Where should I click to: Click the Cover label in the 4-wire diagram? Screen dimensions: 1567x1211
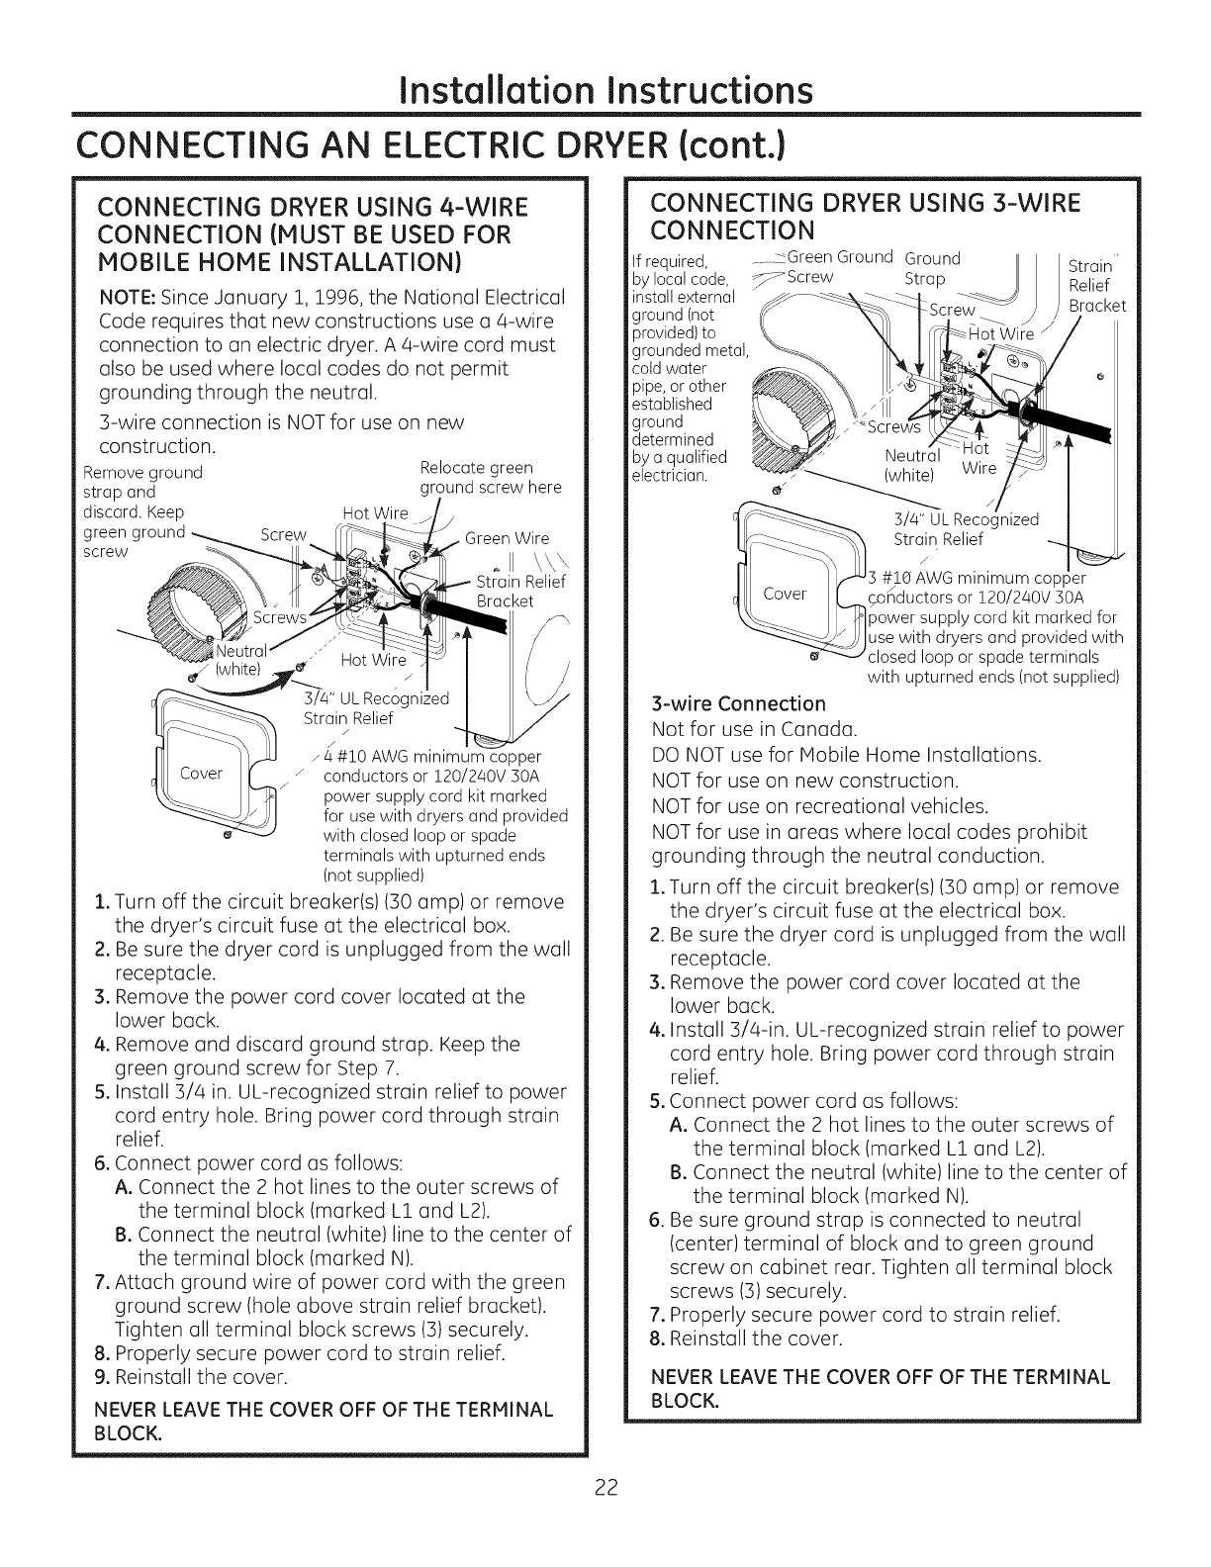pos(201,773)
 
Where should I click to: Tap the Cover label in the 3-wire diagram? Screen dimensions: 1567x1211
pos(786,594)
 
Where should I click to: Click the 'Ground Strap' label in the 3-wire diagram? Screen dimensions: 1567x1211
pos(933,269)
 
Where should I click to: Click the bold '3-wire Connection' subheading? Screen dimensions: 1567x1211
pos(739,703)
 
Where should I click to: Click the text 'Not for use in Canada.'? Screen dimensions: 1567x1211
pos(754,730)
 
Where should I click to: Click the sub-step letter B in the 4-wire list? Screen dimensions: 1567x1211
pos(124,1236)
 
